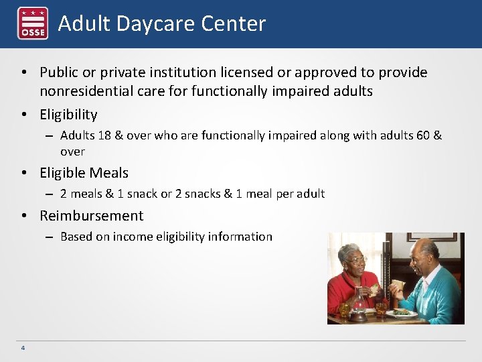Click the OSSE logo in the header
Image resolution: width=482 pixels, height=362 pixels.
point(32,23)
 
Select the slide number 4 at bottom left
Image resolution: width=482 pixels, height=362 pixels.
point(23,348)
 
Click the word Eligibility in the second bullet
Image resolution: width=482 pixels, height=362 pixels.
point(68,115)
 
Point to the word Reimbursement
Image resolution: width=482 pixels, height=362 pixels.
point(91,216)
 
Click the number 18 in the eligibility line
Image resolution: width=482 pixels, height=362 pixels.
point(104,135)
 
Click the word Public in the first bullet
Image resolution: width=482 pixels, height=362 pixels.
point(59,72)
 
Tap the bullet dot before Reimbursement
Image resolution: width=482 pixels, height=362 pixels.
point(23,216)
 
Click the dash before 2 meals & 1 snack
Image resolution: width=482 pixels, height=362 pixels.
point(50,194)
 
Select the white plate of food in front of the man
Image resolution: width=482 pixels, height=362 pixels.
point(402,312)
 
